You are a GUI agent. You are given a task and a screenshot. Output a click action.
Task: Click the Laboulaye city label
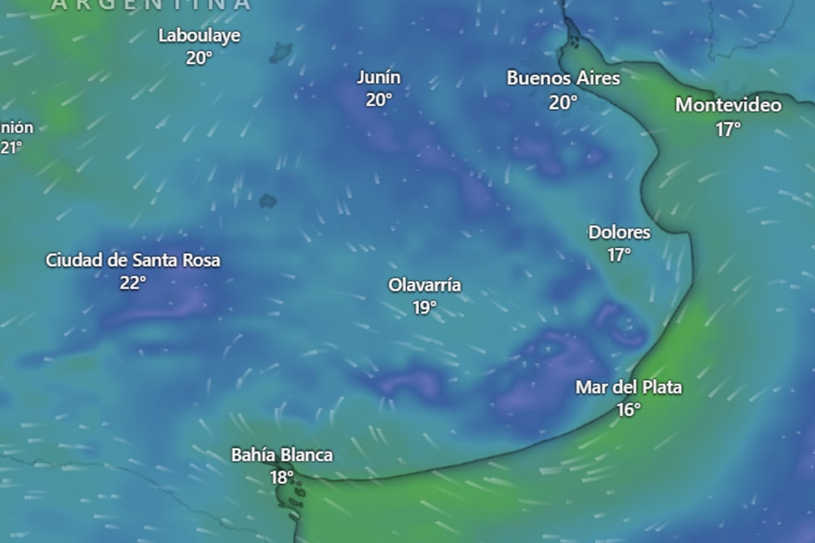pyautogui.click(x=199, y=36)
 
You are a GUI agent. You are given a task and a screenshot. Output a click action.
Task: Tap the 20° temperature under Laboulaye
pyautogui.click(x=199, y=58)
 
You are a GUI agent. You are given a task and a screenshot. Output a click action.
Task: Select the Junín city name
pyautogui.click(x=379, y=78)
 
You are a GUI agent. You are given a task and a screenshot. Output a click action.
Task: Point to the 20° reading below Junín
pyautogui.click(x=379, y=100)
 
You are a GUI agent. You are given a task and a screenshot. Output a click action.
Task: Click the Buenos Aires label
pyautogui.click(x=563, y=79)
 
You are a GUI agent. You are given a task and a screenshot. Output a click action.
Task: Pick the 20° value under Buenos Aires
pyautogui.click(x=563, y=102)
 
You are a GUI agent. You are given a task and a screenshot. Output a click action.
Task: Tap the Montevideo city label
pyautogui.click(x=728, y=106)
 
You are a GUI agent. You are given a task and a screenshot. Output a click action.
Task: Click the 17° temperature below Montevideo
pyautogui.click(x=728, y=129)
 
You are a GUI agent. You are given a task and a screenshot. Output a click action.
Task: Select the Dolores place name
pyautogui.click(x=619, y=233)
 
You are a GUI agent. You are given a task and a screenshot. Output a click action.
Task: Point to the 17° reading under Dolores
pyautogui.click(x=619, y=255)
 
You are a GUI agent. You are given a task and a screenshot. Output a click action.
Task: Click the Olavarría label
pyautogui.click(x=424, y=285)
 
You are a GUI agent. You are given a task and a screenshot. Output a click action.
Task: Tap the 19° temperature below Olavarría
pyautogui.click(x=424, y=308)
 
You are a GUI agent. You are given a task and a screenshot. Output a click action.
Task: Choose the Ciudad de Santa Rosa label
pyautogui.click(x=133, y=260)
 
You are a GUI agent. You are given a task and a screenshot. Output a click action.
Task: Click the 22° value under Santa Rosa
pyautogui.click(x=133, y=283)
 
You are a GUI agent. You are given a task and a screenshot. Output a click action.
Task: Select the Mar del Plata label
pyautogui.click(x=629, y=388)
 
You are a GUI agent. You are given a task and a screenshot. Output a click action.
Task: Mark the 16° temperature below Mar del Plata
pyautogui.click(x=629, y=410)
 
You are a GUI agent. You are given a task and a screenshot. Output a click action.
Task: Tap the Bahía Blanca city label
pyautogui.click(x=282, y=455)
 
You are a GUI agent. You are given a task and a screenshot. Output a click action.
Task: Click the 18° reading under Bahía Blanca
pyautogui.click(x=281, y=477)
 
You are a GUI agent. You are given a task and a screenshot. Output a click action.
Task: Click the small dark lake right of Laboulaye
pyautogui.click(x=280, y=52)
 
